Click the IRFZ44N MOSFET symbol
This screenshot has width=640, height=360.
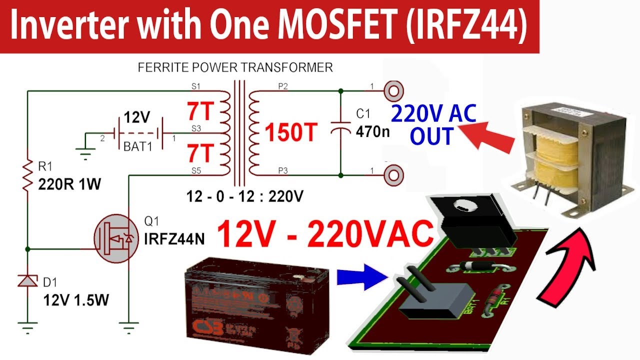115,239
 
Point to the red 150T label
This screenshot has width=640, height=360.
291,132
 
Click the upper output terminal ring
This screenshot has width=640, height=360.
393,91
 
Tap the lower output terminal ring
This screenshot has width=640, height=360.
393,175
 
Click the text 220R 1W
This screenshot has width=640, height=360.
69,185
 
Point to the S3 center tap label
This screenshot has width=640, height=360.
196,129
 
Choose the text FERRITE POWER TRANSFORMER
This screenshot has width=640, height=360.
235,67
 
